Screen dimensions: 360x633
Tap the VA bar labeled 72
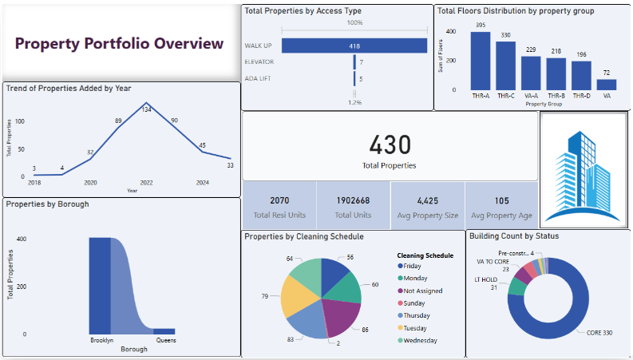pos(607,84)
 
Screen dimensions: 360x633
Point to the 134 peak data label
pos(146,109)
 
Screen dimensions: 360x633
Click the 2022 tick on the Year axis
pos(146,183)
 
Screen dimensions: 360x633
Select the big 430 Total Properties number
pos(390,144)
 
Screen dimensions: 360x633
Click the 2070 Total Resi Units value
pos(279,200)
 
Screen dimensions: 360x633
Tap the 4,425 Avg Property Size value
pos(427,200)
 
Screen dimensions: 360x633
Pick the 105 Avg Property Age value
pos(501,200)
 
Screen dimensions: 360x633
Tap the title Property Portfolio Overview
pos(120,43)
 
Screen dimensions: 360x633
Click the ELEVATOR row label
pos(259,61)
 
